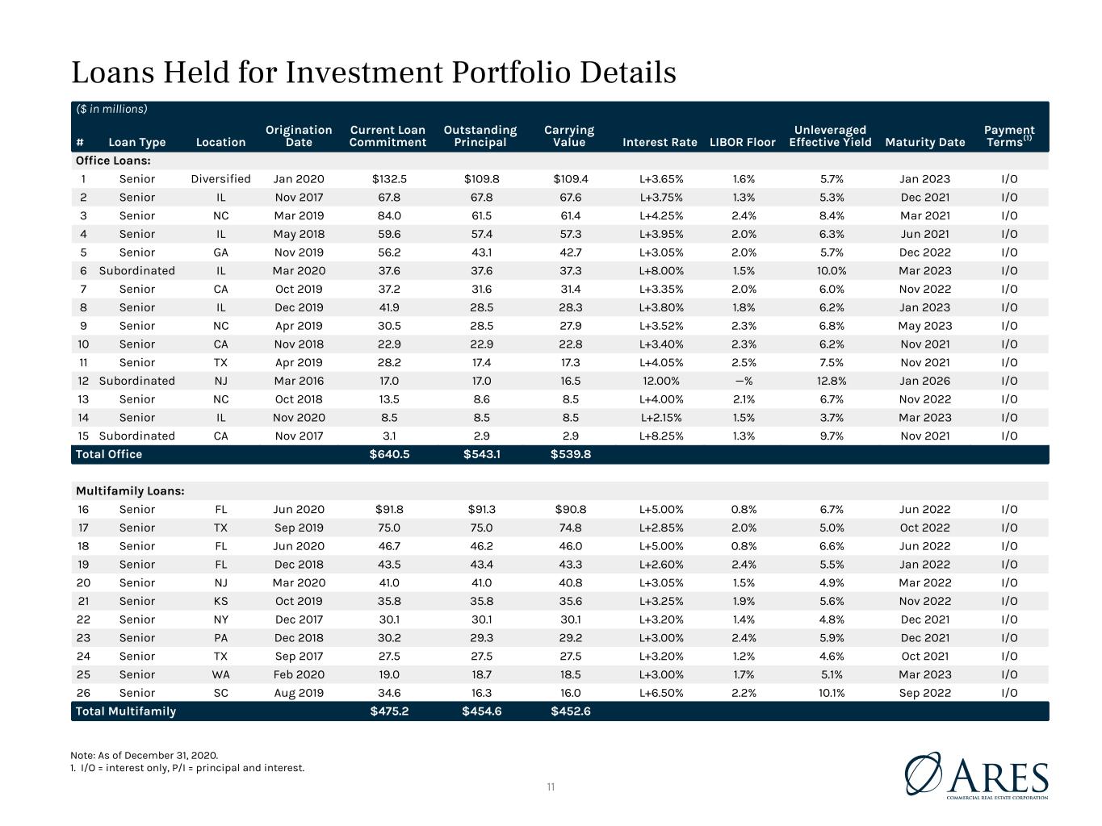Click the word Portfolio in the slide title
512,73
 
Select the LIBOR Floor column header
742,143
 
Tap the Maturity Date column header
924,143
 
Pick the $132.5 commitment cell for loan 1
389,179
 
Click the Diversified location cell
220,179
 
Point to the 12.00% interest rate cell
660,382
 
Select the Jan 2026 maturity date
924,382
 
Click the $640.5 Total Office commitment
389,454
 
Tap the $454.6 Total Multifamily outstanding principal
481,711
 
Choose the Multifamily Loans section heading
130,491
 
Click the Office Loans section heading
113,161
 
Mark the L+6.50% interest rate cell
660,693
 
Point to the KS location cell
220,601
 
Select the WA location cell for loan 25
220,674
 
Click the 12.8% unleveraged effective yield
831,382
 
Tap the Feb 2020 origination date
299,674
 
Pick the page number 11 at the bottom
551,787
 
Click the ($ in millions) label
111,110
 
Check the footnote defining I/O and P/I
187,768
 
